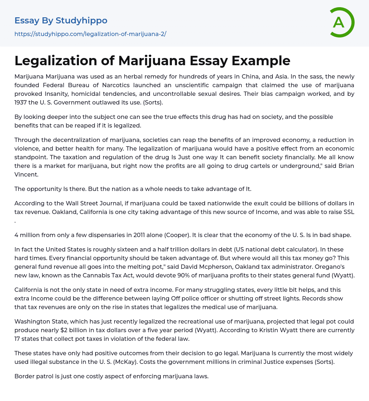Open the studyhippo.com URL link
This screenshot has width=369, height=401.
90,34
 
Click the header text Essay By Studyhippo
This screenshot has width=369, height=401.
61,21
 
